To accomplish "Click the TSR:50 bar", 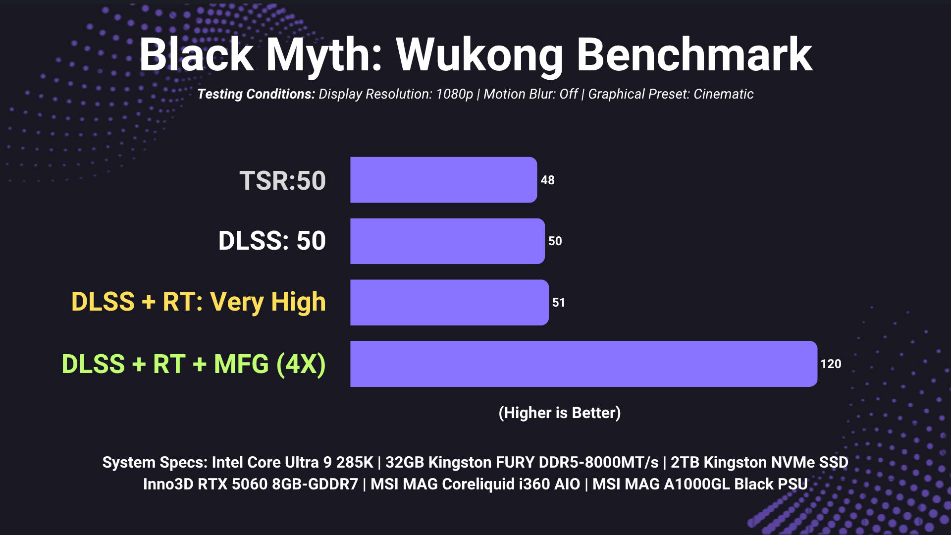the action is pos(443,180).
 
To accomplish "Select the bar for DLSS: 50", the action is pos(447,241).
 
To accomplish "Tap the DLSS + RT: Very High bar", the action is pos(449,302).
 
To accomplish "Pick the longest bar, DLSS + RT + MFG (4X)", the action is pos(583,364).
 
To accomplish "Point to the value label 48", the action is pos(548,180).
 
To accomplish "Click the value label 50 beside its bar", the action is pos(555,241).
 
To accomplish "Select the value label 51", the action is pos(559,303).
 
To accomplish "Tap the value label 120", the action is pos(831,364).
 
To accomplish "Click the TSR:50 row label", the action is pos(282,180).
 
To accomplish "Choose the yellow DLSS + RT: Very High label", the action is pos(199,302).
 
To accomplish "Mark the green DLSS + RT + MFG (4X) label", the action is pos(194,364).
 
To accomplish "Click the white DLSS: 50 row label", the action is pos(272,241).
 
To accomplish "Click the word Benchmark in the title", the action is pos(694,54).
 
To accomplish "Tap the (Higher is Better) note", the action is pos(560,413).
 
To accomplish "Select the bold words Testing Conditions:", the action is pos(256,94).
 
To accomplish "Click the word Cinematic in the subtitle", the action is pos(724,94).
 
